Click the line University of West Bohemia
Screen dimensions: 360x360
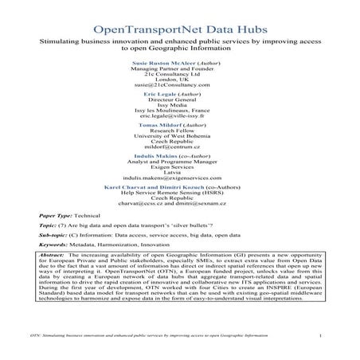pyautogui.click(x=179, y=140)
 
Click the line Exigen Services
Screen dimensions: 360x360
pyautogui.click(x=179, y=179)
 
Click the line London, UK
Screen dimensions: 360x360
pyautogui.click(x=179, y=76)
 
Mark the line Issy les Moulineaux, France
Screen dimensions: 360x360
pyautogui.click(x=179, y=108)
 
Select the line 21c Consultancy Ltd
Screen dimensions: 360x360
pyautogui.click(x=179, y=69)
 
